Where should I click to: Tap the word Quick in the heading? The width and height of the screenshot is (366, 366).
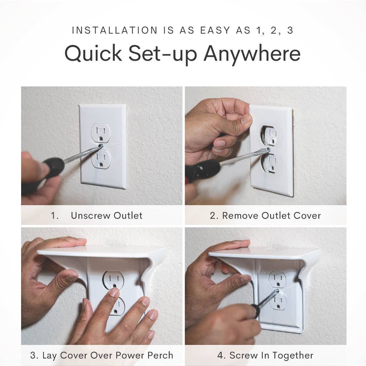93,54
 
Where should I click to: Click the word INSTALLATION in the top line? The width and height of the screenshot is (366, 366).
114,30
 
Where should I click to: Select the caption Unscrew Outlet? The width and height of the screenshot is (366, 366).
106,216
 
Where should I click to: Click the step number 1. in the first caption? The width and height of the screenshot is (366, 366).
54,216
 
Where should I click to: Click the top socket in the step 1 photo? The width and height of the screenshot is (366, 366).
101,132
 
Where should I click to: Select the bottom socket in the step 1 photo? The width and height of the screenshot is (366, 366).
101,159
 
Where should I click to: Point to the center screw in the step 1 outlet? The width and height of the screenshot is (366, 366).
101,146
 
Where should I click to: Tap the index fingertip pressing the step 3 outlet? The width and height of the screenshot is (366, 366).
114,292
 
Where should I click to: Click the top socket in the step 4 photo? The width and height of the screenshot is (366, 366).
278,279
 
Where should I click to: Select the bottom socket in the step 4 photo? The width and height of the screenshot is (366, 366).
278,302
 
